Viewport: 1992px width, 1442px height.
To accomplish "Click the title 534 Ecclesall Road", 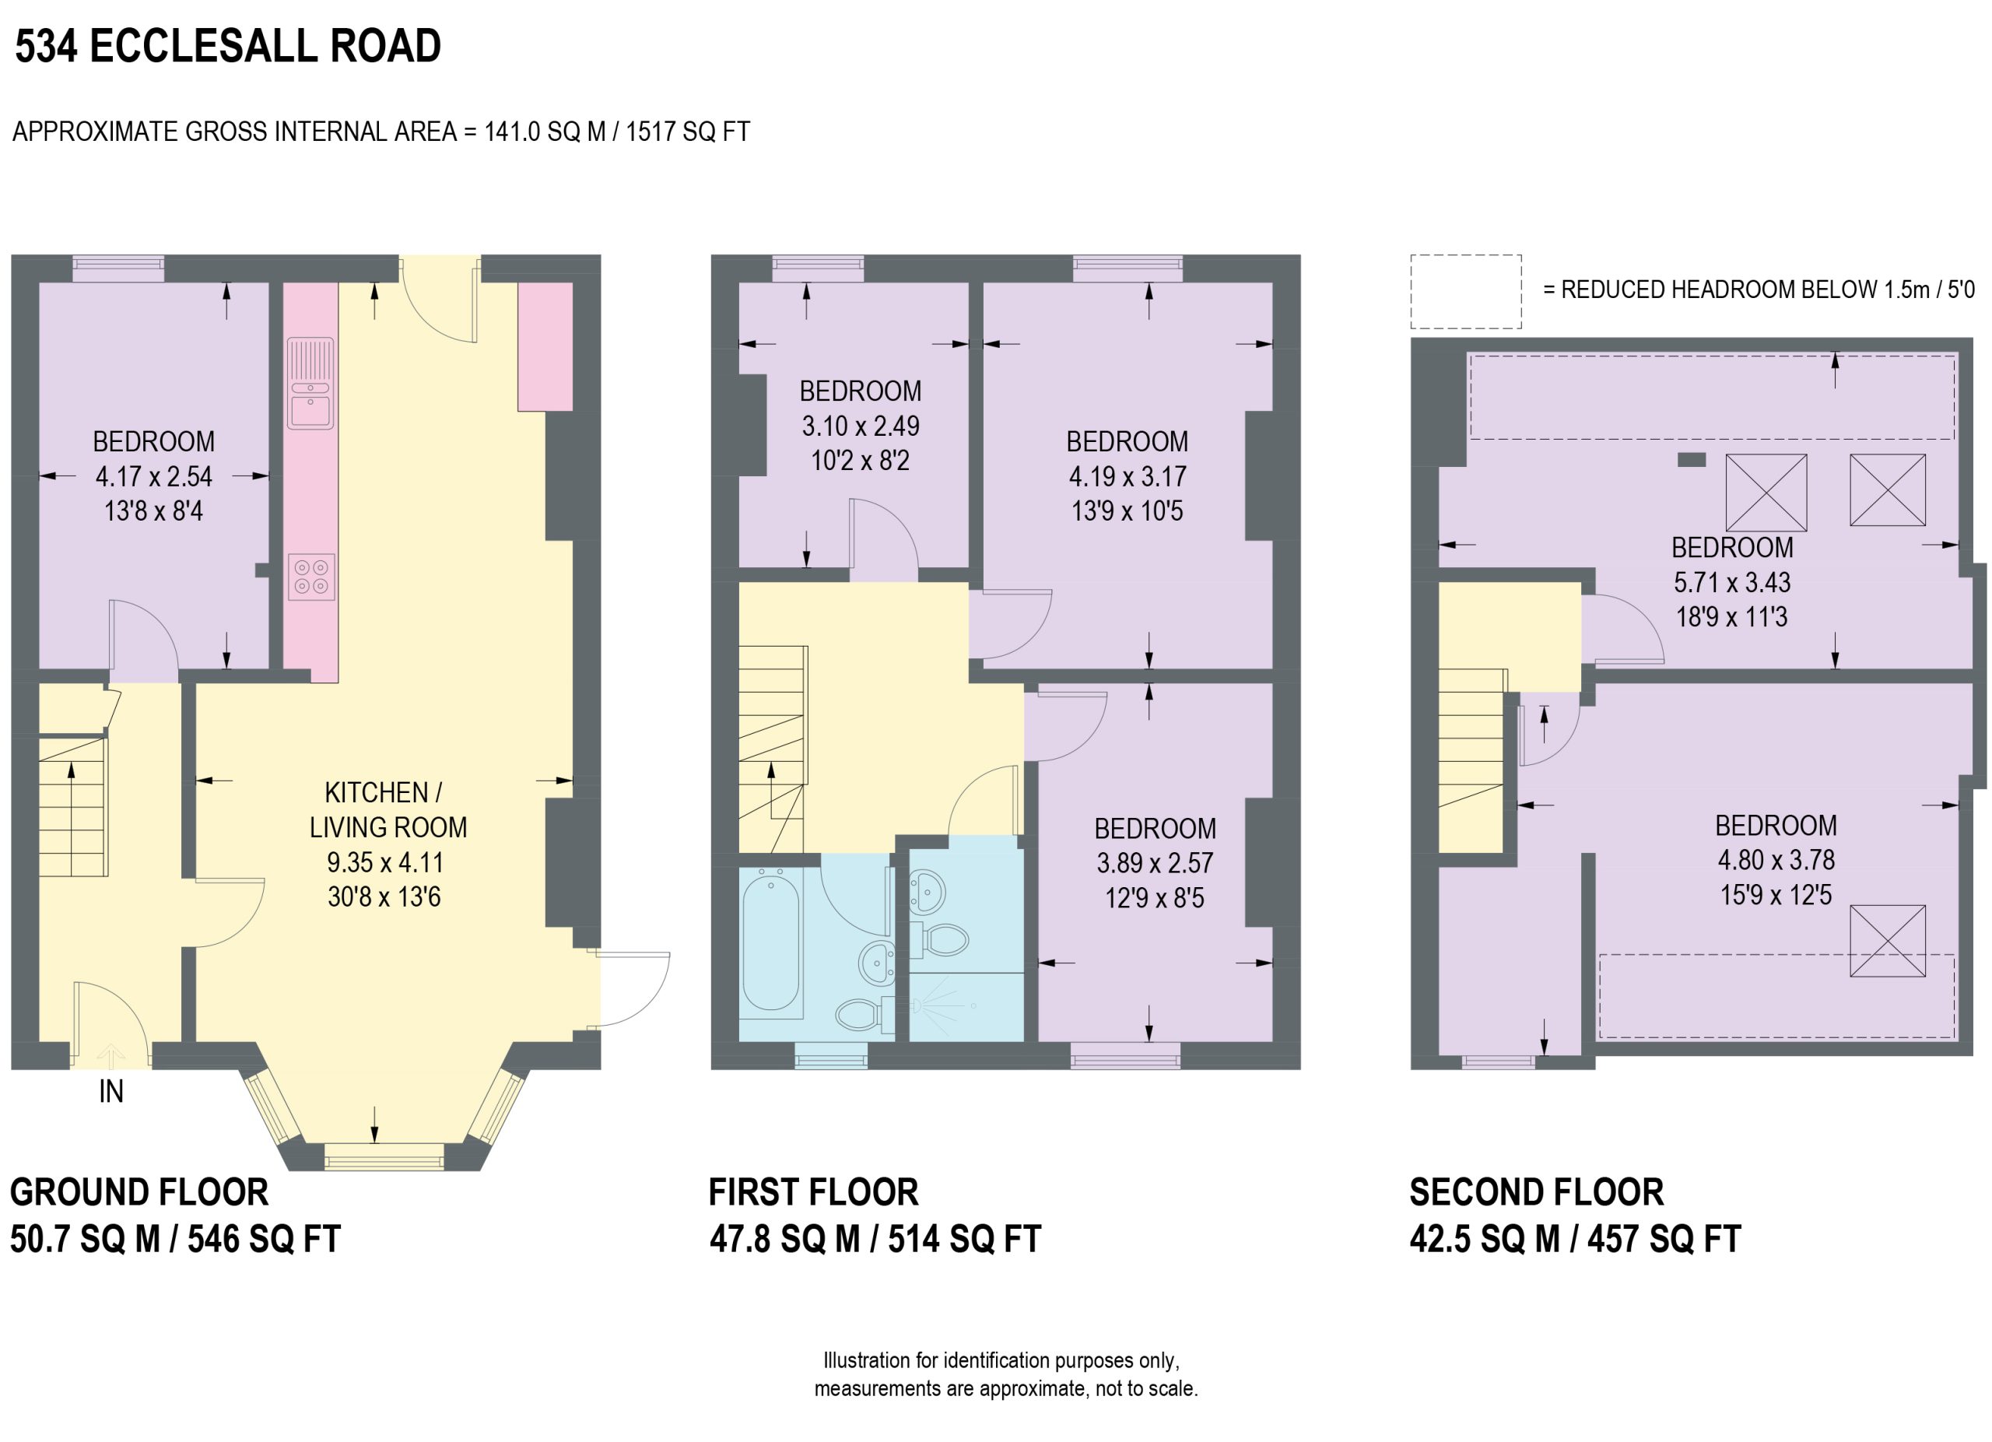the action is (227, 46).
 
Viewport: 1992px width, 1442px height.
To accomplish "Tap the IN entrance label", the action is (110, 1092).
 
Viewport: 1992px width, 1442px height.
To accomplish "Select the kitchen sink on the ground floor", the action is (311, 384).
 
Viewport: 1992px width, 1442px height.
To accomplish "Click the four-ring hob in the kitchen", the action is (311, 577).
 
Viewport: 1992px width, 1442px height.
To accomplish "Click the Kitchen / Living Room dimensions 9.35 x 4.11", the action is (384, 862).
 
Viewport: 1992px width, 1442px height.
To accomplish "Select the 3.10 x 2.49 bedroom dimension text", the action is (860, 426).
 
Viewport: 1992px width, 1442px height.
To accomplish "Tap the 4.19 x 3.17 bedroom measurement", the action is (1127, 477).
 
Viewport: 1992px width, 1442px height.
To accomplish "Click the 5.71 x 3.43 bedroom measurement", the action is (1731, 582).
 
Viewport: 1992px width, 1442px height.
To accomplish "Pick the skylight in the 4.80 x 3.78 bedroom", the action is (1888, 941).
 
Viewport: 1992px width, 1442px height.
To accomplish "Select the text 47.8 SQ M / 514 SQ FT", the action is (875, 1239).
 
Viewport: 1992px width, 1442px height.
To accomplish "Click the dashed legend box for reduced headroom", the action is (1466, 292).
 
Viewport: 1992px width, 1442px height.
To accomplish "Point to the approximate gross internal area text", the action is (381, 132).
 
